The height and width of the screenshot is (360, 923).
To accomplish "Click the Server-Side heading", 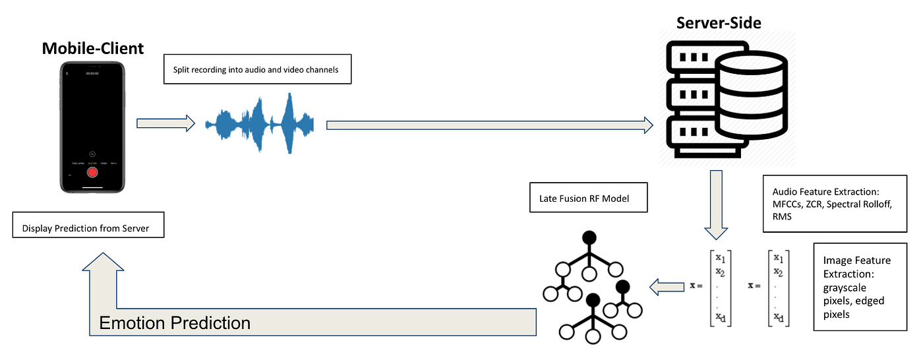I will (x=719, y=23).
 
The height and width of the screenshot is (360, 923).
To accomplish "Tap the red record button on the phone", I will (x=93, y=173).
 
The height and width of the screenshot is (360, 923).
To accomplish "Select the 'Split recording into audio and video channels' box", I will (x=257, y=70).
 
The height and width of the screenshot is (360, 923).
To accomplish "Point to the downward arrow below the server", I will (x=717, y=204).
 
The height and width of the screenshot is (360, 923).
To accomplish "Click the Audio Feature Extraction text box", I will (x=837, y=204).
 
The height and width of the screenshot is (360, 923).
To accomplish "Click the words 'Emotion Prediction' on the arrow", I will (x=175, y=323).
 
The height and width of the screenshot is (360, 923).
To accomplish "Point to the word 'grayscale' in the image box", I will (x=845, y=287).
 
